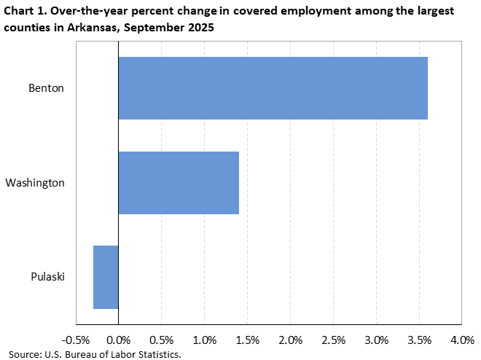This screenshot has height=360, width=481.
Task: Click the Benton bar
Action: pyautogui.click(x=273, y=88)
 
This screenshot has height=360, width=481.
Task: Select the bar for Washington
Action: pyautogui.click(x=179, y=183)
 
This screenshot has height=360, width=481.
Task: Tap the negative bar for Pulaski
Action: pyautogui.click(x=106, y=277)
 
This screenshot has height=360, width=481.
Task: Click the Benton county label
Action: pyautogui.click(x=47, y=88)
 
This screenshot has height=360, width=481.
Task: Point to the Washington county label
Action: pyautogui.click(x=35, y=183)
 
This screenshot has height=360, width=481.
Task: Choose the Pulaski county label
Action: pyautogui.click(x=48, y=277)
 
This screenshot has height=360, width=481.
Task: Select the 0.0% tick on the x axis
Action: pyautogui.click(x=118, y=340)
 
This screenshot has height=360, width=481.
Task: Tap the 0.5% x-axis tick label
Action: pyautogui.click(x=161, y=340)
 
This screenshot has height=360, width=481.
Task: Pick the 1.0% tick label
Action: pyautogui.click(x=204, y=340)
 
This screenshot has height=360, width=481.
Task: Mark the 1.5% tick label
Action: pyautogui.click(x=247, y=340)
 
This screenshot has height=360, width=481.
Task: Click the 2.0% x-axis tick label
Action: pyautogui.click(x=290, y=340)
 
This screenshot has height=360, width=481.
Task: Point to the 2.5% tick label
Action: pyautogui.click(x=333, y=340)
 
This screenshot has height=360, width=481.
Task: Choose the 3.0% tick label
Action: pyautogui.click(x=376, y=340)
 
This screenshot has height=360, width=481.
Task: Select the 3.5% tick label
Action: pyautogui.click(x=419, y=340)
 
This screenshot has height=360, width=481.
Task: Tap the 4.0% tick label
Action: pyautogui.click(x=462, y=340)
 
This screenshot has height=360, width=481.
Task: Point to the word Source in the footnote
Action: pyautogui.click(x=26, y=354)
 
